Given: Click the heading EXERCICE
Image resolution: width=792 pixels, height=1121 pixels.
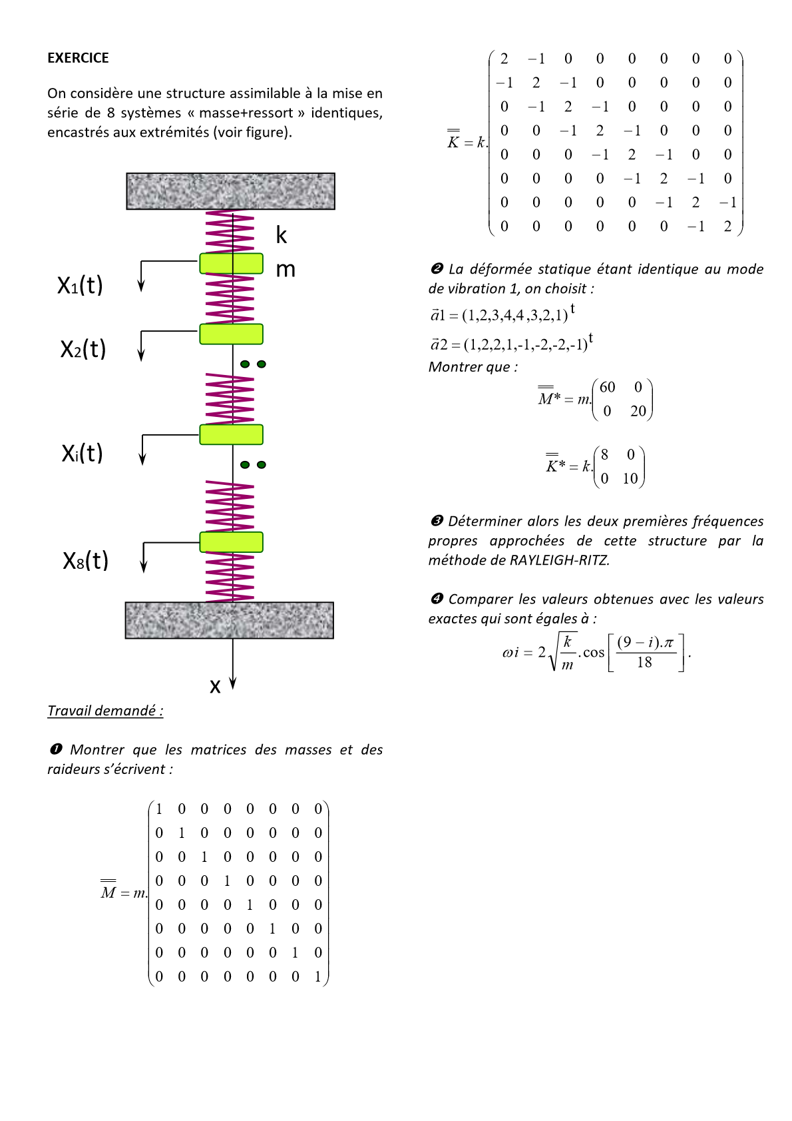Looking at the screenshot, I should (78, 58).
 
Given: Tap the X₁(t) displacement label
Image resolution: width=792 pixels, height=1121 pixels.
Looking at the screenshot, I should (80, 285).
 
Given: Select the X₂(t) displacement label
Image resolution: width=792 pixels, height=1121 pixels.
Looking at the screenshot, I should (83, 349).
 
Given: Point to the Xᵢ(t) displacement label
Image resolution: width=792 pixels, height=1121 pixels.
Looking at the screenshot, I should (82, 453).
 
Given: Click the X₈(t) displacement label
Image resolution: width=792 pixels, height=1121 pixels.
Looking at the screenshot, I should (85, 560).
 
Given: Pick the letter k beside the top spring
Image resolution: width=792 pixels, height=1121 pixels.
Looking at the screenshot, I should (282, 235).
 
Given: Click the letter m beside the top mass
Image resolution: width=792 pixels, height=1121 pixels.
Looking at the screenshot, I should (286, 270).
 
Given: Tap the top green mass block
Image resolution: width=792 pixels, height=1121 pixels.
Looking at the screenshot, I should (231, 263).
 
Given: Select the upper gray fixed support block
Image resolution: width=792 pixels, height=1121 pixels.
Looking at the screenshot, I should (230, 191).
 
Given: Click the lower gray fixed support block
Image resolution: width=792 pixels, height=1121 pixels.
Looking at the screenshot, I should (229, 620).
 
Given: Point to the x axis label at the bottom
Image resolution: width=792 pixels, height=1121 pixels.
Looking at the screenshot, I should (215, 686).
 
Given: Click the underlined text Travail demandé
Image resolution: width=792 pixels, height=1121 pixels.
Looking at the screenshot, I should (105, 711).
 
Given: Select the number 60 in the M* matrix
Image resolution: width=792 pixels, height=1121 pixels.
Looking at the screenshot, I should (608, 387).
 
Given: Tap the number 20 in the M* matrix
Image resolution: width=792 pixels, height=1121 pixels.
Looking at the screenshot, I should (638, 411).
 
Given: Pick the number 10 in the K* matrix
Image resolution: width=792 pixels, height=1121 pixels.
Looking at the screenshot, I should (630, 478).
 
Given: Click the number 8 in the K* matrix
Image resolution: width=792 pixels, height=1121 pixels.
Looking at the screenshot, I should (604, 455).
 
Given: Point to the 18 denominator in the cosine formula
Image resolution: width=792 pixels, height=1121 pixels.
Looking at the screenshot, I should (644, 662).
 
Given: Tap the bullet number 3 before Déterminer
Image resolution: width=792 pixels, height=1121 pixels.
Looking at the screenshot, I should (437, 521).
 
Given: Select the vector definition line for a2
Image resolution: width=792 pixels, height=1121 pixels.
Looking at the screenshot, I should (511, 343).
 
